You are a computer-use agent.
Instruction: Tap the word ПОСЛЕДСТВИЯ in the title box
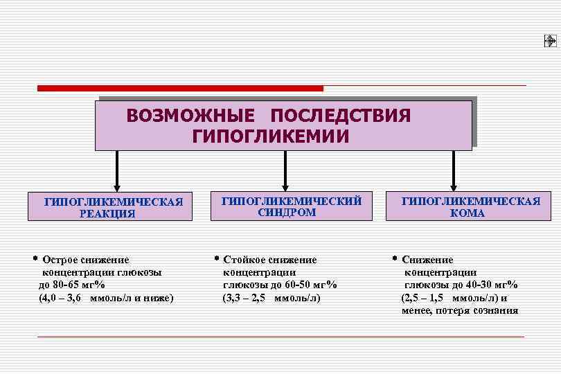(x=341, y=115)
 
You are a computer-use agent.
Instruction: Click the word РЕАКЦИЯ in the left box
(x=107, y=214)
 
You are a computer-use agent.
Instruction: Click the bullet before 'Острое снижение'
(x=35, y=259)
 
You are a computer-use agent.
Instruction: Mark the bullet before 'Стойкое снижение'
(x=216, y=259)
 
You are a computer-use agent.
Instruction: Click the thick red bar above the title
(x=180, y=88)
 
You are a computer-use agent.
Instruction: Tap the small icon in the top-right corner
(x=550, y=42)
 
